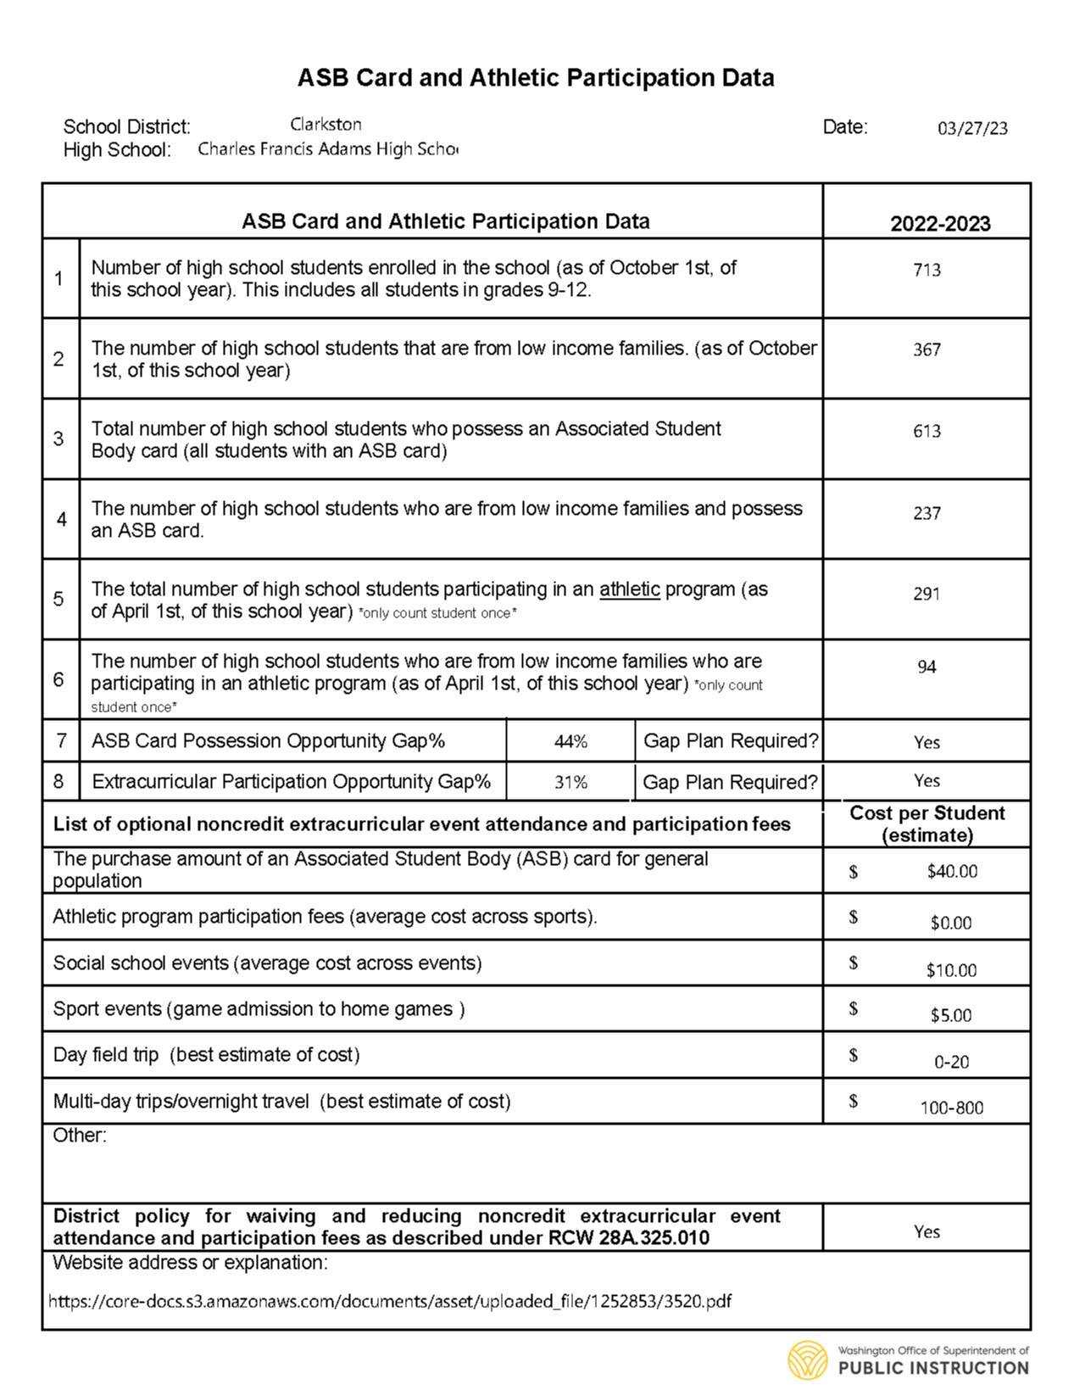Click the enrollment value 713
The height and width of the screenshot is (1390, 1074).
coord(927,270)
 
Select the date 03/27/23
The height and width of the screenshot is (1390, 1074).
coord(972,128)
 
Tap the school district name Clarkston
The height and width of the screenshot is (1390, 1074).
coord(326,125)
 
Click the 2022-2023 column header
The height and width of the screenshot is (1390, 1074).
coord(939,223)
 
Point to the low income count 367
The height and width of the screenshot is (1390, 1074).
coord(927,349)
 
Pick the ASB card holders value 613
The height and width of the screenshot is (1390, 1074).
coord(927,431)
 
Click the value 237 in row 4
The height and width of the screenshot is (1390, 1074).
coord(927,513)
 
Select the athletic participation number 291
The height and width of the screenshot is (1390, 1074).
coord(927,594)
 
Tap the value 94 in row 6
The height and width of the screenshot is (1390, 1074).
coord(927,667)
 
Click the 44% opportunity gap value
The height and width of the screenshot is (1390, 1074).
coord(570,741)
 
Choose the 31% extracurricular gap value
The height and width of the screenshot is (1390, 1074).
coord(570,782)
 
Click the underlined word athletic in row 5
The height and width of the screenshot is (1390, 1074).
coord(629,589)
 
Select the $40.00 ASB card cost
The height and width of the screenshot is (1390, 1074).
coord(952,871)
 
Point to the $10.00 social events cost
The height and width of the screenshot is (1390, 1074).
coord(951,970)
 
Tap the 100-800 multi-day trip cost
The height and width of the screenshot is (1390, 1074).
coord(951,1108)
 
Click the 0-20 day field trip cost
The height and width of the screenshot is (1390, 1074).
coord(951,1062)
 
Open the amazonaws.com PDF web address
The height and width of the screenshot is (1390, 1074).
coord(390,1301)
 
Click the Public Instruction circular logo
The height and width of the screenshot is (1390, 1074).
coord(807,1360)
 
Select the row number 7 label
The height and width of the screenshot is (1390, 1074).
coord(61,740)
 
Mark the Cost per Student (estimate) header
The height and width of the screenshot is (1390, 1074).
coord(927,823)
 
